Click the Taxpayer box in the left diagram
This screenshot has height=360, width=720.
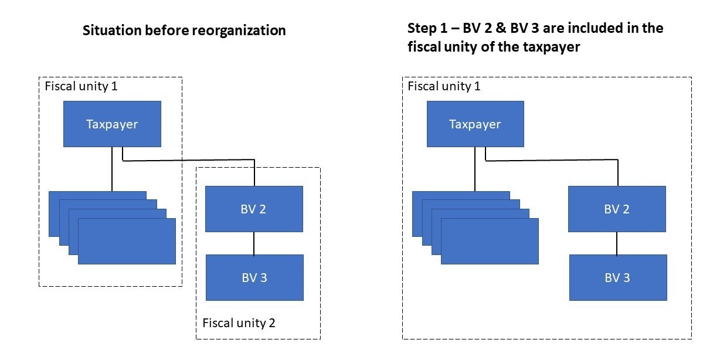tap(112, 124)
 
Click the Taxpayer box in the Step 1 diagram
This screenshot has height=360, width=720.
tap(475, 124)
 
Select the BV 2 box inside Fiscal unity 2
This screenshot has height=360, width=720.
tap(253, 209)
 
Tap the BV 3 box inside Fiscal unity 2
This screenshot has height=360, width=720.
tap(254, 277)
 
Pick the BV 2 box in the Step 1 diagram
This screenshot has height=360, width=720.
tap(617, 209)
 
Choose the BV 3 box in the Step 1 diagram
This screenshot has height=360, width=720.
tap(618, 277)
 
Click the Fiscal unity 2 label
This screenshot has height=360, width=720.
tap(239, 322)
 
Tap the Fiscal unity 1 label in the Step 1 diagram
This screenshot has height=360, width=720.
tap(444, 87)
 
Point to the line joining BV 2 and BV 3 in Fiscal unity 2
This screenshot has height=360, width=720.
tap(253, 243)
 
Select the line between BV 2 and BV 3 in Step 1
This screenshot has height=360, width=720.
tap(617, 243)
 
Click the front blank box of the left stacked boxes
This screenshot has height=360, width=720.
tap(127, 241)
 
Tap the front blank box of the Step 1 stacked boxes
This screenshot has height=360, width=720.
tap(490, 241)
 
